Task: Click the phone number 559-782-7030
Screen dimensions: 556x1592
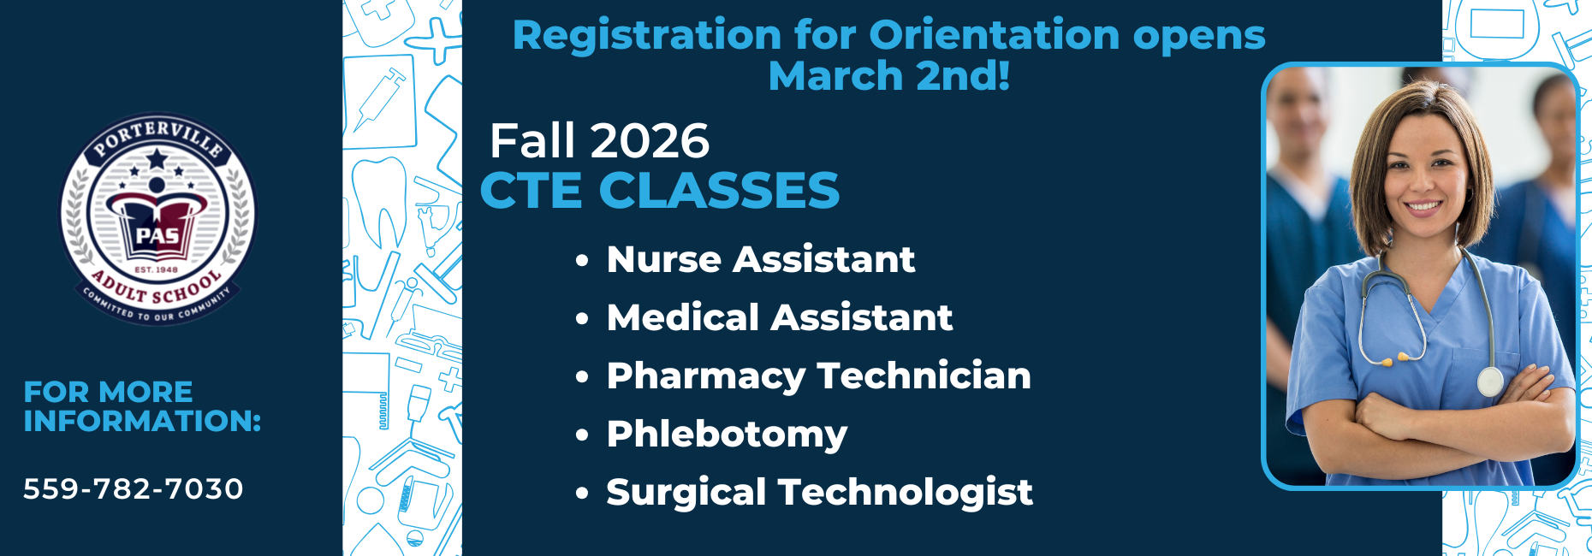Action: pyautogui.click(x=134, y=489)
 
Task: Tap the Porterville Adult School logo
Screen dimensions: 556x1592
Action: pyautogui.click(x=157, y=220)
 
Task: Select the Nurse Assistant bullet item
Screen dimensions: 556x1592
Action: pyautogui.click(x=760, y=259)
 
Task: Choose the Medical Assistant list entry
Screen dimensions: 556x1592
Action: pyautogui.click(x=779, y=317)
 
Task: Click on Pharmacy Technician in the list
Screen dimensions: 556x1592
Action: pyautogui.click(x=818, y=376)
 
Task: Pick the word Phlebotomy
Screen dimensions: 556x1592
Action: pyautogui.click(x=727, y=434)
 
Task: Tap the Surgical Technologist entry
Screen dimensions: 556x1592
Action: pyautogui.click(x=819, y=492)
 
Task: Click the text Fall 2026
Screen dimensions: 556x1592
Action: pyautogui.click(x=599, y=141)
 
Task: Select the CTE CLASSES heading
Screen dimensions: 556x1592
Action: pyautogui.click(x=660, y=190)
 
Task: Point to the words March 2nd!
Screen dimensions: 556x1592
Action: pyautogui.click(x=888, y=76)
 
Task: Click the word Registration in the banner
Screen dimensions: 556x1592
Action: pyautogui.click(x=646, y=36)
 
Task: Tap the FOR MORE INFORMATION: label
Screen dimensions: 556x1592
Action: pyautogui.click(x=142, y=406)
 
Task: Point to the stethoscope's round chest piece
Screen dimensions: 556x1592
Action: pyautogui.click(x=1490, y=381)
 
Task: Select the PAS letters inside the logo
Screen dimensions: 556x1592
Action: pyautogui.click(x=158, y=236)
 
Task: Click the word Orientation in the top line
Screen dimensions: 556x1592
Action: pyautogui.click(x=995, y=36)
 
